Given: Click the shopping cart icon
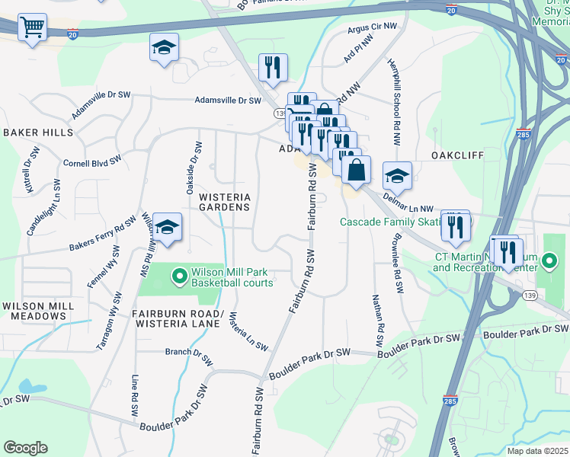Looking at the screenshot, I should pos(32,28).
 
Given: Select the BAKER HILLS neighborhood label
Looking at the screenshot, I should pos(38,133).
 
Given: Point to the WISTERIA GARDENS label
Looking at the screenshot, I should pos(225,202).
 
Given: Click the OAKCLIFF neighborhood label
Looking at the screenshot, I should pos(457,155).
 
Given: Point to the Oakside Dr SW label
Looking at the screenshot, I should pos(191,167).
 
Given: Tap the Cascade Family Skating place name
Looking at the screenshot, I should pos(390,222).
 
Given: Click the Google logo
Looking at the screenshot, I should pos(25,448).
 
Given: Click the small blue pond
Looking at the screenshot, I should pos(29,387).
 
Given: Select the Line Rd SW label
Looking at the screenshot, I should pos(136,396).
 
